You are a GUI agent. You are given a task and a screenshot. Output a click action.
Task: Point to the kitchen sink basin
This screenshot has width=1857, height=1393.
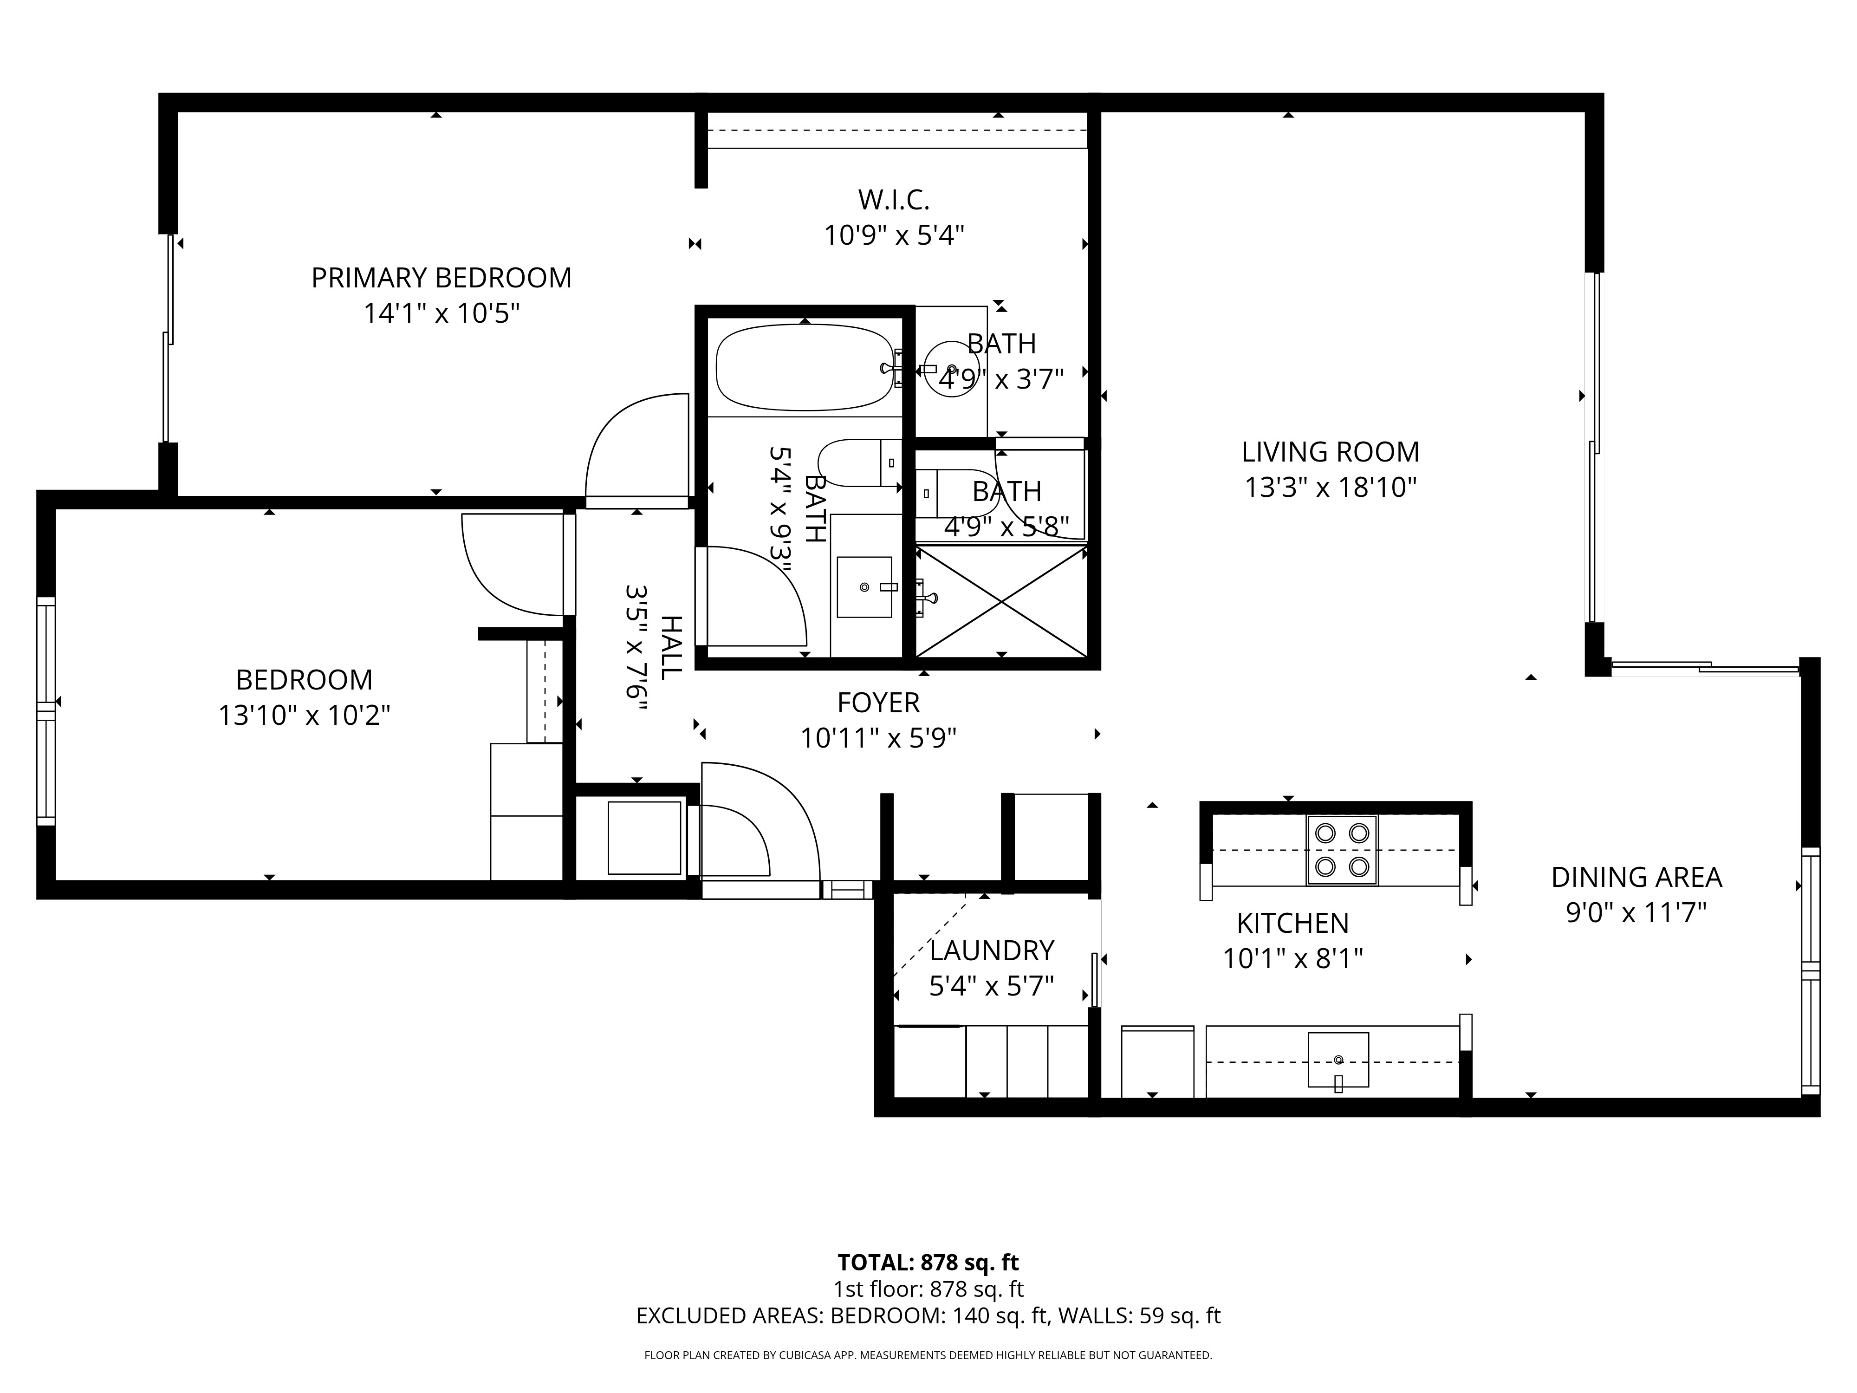coord(1338,1060)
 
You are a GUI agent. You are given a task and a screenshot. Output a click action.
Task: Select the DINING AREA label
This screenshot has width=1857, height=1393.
coord(1636,878)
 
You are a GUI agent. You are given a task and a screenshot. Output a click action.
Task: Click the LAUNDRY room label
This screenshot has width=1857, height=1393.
coord(992,950)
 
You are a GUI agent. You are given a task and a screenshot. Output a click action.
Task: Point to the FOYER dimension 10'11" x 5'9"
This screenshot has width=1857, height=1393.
coord(878,739)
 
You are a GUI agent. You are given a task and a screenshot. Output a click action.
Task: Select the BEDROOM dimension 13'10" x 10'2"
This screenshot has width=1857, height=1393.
coord(304,716)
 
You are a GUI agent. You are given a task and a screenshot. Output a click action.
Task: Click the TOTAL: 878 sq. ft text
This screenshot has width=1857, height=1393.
coord(928,1263)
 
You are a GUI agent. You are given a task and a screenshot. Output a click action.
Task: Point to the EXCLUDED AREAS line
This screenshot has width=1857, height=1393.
coord(928,1316)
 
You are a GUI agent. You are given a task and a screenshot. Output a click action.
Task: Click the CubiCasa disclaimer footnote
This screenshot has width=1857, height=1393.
coord(928,1355)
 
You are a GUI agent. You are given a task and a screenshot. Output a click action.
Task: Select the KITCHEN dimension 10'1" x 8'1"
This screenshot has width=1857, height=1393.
coord(1292,959)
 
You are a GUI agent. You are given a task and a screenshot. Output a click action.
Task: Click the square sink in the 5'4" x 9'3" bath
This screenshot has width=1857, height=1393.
coord(864,587)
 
